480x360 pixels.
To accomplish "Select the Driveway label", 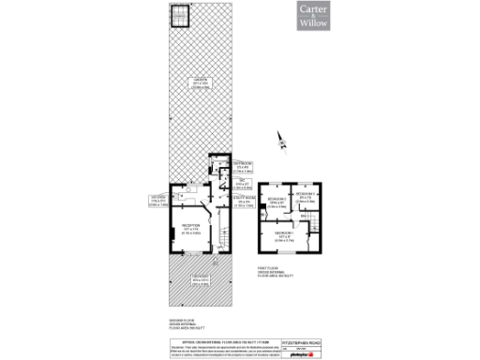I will coord(199,278).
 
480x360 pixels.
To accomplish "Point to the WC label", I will coord(238,185).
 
